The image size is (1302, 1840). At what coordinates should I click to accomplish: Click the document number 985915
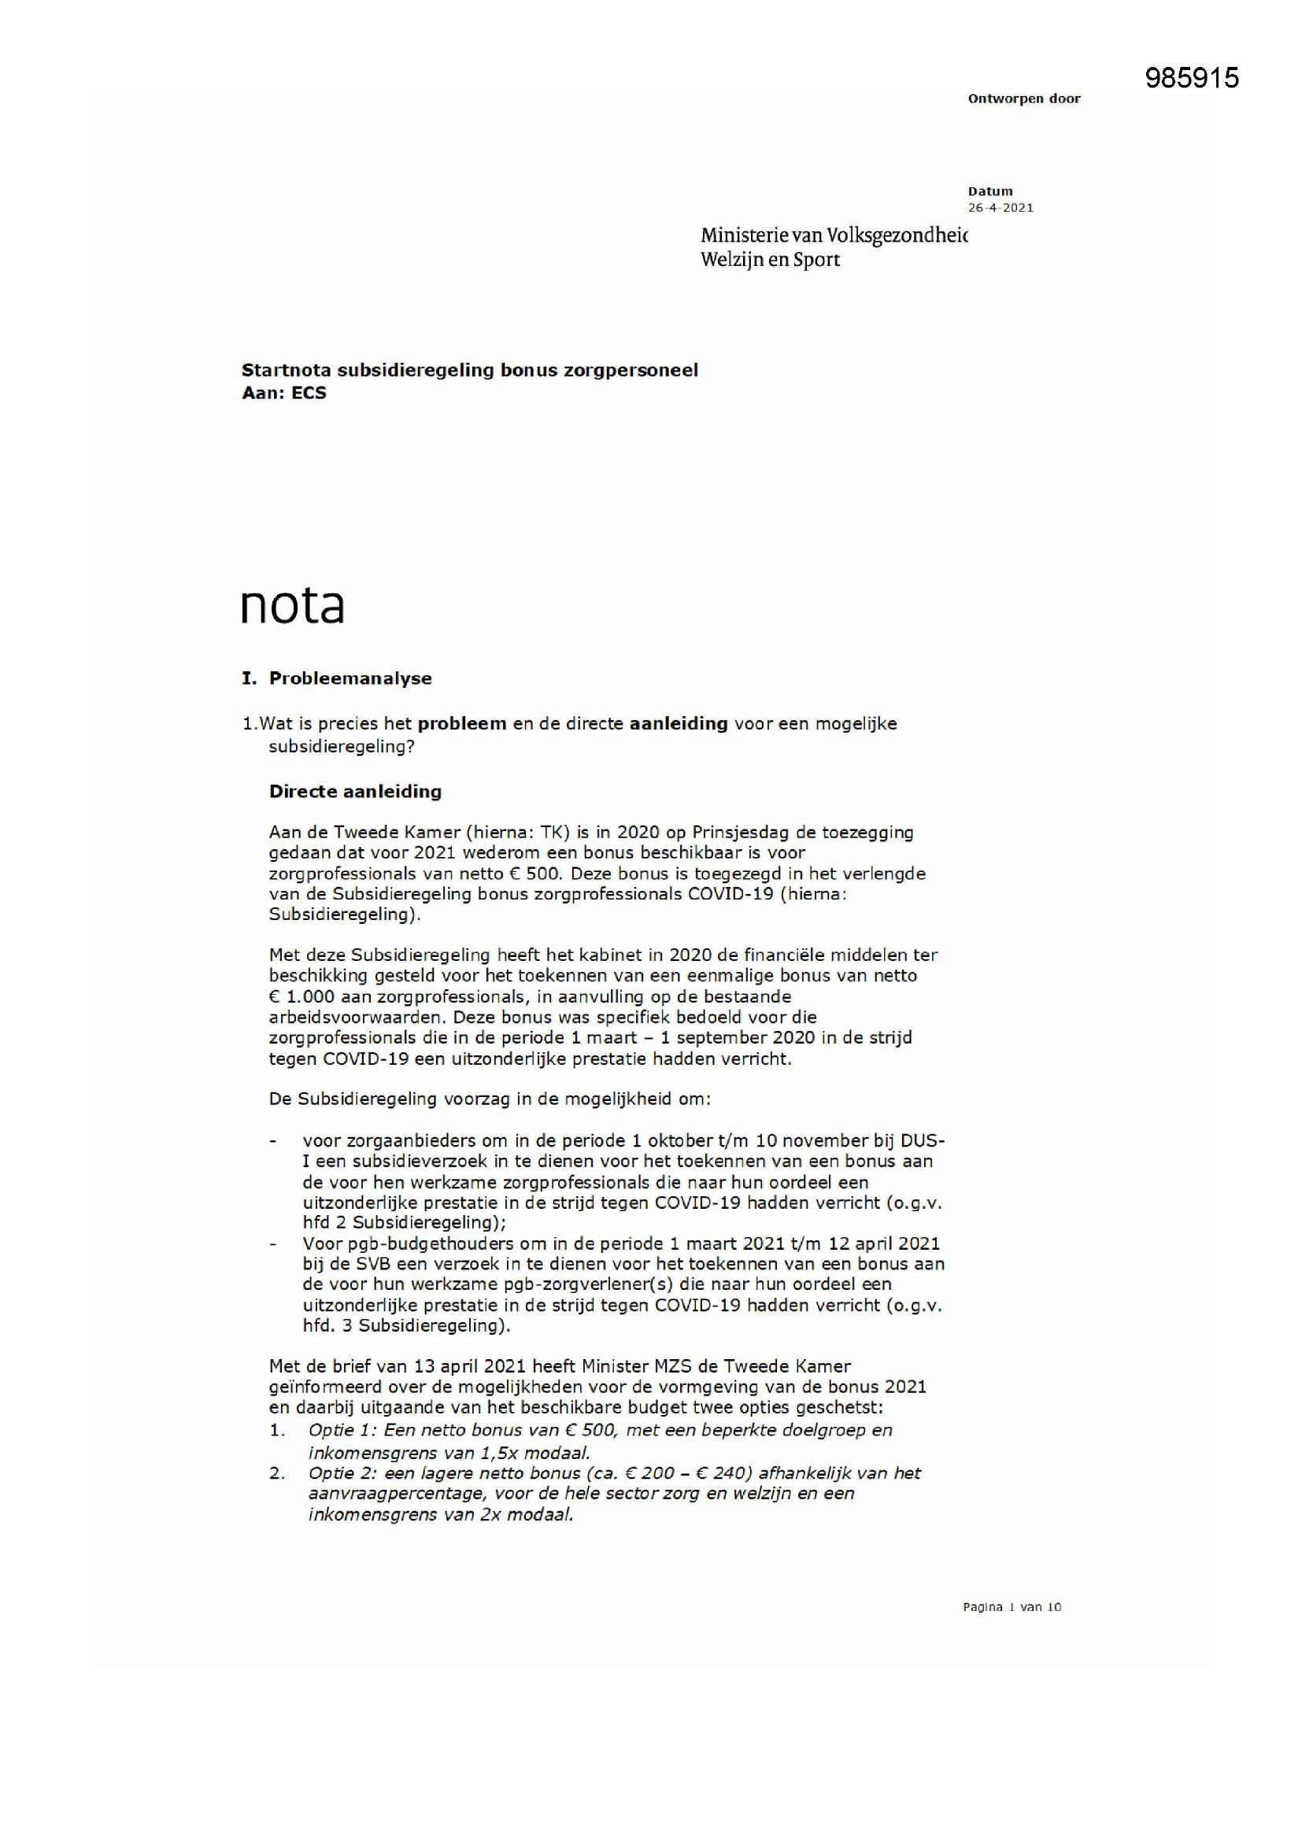1191,78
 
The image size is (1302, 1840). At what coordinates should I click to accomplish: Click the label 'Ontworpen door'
1024,98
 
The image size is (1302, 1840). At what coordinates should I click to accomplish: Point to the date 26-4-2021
1001,208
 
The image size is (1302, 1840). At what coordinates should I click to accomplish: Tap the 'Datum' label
990,191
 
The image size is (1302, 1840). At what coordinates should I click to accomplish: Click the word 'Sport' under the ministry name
816,260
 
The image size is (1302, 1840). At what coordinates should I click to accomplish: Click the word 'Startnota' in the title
286,370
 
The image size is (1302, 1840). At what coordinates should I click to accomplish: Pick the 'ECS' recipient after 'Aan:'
309,393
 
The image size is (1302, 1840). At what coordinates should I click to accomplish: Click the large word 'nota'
293,605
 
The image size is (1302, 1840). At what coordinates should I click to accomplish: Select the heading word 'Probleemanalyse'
350,678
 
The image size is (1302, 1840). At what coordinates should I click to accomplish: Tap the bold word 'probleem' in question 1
462,724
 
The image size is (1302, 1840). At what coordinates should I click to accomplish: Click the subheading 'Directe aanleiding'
355,792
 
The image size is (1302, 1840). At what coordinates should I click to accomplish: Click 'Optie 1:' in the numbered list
342,1431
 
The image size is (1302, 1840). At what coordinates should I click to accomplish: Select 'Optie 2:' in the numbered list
342,1474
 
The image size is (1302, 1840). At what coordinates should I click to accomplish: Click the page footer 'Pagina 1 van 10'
1012,1607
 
